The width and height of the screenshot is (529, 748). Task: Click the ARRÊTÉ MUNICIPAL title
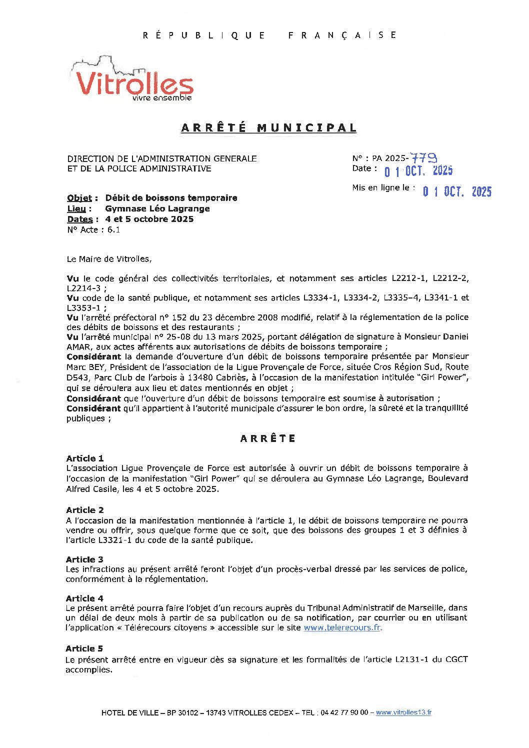(x=269, y=128)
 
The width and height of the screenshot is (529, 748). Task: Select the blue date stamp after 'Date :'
(x=418, y=171)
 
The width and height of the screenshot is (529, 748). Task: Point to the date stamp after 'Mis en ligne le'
(x=457, y=191)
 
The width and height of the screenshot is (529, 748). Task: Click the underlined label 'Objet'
(x=79, y=198)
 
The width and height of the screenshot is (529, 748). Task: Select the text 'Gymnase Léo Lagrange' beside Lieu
(x=157, y=208)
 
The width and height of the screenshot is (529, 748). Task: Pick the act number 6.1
(x=113, y=230)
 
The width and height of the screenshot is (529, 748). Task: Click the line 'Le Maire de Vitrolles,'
(x=109, y=259)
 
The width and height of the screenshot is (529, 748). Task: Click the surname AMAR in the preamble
(x=77, y=346)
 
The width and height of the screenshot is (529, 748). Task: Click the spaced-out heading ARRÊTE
(x=268, y=438)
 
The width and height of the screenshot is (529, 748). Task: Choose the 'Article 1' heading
(x=85, y=458)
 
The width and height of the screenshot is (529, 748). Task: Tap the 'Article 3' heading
(x=84, y=559)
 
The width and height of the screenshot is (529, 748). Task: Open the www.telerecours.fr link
(x=342, y=627)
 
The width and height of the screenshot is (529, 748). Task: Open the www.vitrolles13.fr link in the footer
(x=403, y=712)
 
